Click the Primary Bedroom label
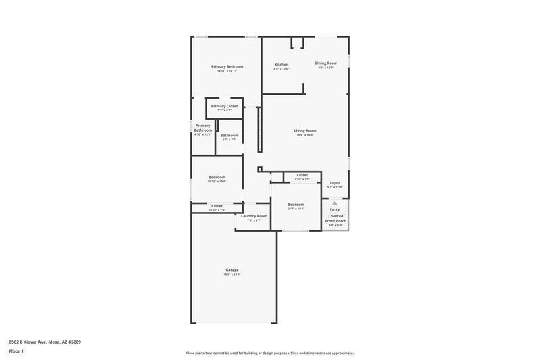(x=227, y=66)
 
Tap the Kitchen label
(x=281, y=65)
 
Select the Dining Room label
(x=326, y=63)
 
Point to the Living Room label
(x=305, y=130)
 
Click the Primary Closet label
(x=224, y=106)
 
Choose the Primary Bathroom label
(x=203, y=128)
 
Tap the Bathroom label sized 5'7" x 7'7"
(x=229, y=135)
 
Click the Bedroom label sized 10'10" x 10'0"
(x=217, y=177)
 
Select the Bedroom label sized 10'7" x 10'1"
(x=296, y=204)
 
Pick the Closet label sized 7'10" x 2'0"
(x=302, y=175)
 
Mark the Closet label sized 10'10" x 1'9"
(x=217, y=206)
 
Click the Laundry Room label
(x=254, y=216)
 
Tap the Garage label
(x=232, y=269)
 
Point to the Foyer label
(x=335, y=183)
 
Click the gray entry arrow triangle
(x=335, y=203)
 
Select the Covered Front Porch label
(x=335, y=218)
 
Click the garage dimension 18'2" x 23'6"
(x=232, y=274)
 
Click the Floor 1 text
(x=17, y=351)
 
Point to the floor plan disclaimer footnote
(x=269, y=353)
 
